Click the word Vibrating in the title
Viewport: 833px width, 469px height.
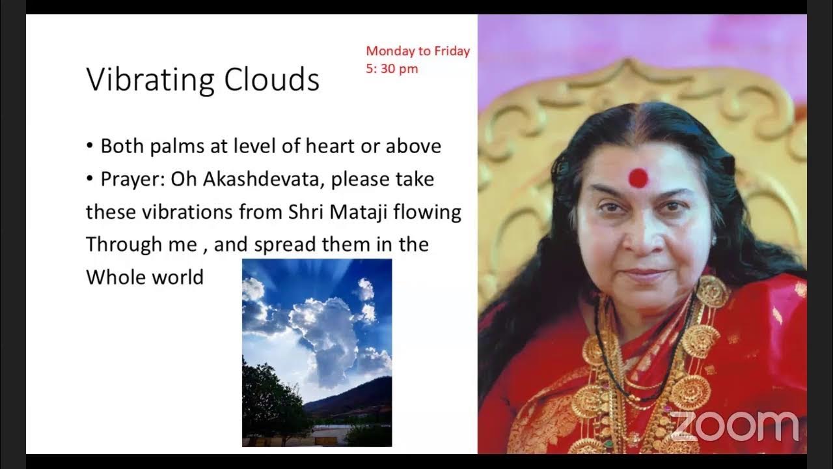(x=150, y=80)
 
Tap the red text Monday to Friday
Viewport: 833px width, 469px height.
(x=418, y=51)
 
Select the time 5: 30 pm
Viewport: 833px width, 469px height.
(x=392, y=68)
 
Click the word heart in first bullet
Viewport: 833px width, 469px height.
(x=347, y=146)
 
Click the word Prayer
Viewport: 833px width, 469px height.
(x=132, y=179)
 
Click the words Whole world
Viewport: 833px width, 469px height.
(x=144, y=277)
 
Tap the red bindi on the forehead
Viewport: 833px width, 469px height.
(x=638, y=176)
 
